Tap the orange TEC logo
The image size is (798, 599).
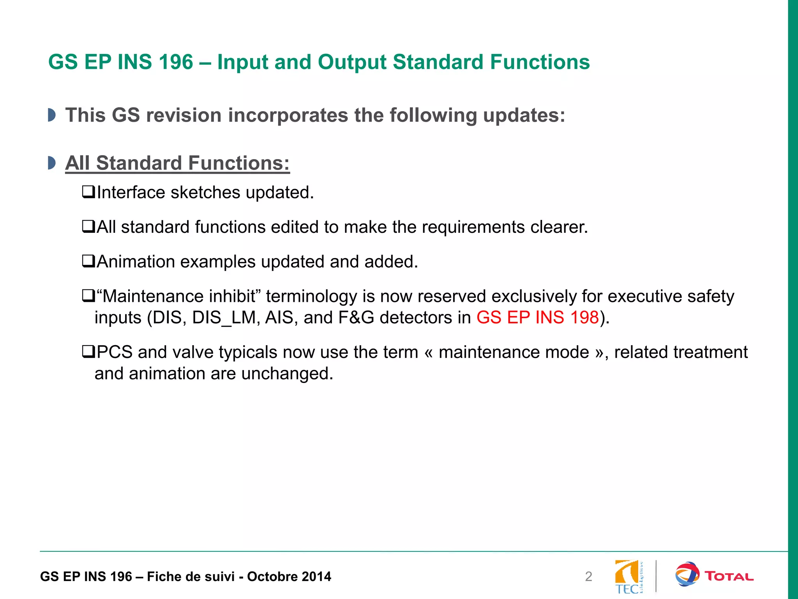point(628,576)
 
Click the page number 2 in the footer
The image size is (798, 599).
point(588,576)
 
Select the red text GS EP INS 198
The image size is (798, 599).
point(537,317)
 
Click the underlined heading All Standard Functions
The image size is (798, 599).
point(177,163)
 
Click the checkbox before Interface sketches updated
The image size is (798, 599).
point(88,192)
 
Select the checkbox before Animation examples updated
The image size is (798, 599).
point(88,261)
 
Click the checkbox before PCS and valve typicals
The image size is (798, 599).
point(88,352)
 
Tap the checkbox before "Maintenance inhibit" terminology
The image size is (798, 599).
point(88,296)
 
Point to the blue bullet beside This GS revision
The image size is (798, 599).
point(51,115)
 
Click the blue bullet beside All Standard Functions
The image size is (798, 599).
point(51,163)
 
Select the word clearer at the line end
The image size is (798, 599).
point(558,227)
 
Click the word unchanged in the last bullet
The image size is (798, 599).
point(286,374)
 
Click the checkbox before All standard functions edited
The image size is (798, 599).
point(88,227)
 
